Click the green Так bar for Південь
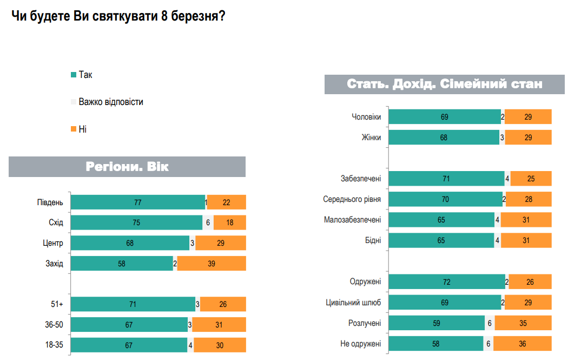tap(138, 202)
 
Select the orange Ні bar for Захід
tap(211, 264)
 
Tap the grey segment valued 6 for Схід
tap(208, 222)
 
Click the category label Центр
tap(54, 243)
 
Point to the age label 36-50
tap(54, 325)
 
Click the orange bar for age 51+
tap(223, 304)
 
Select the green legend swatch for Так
tap(73, 75)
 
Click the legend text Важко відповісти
tap(111, 102)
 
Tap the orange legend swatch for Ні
tap(73, 129)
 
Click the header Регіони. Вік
tap(127, 167)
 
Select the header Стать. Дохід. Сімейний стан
tap(444, 84)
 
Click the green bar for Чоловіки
tap(445, 117)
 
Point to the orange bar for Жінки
tap(528, 138)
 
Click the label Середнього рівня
tap(352, 199)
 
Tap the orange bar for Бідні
tap(526, 240)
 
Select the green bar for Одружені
tap(447, 282)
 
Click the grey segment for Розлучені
tap(490, 323)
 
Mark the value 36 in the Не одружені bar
tap(522, 344)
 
